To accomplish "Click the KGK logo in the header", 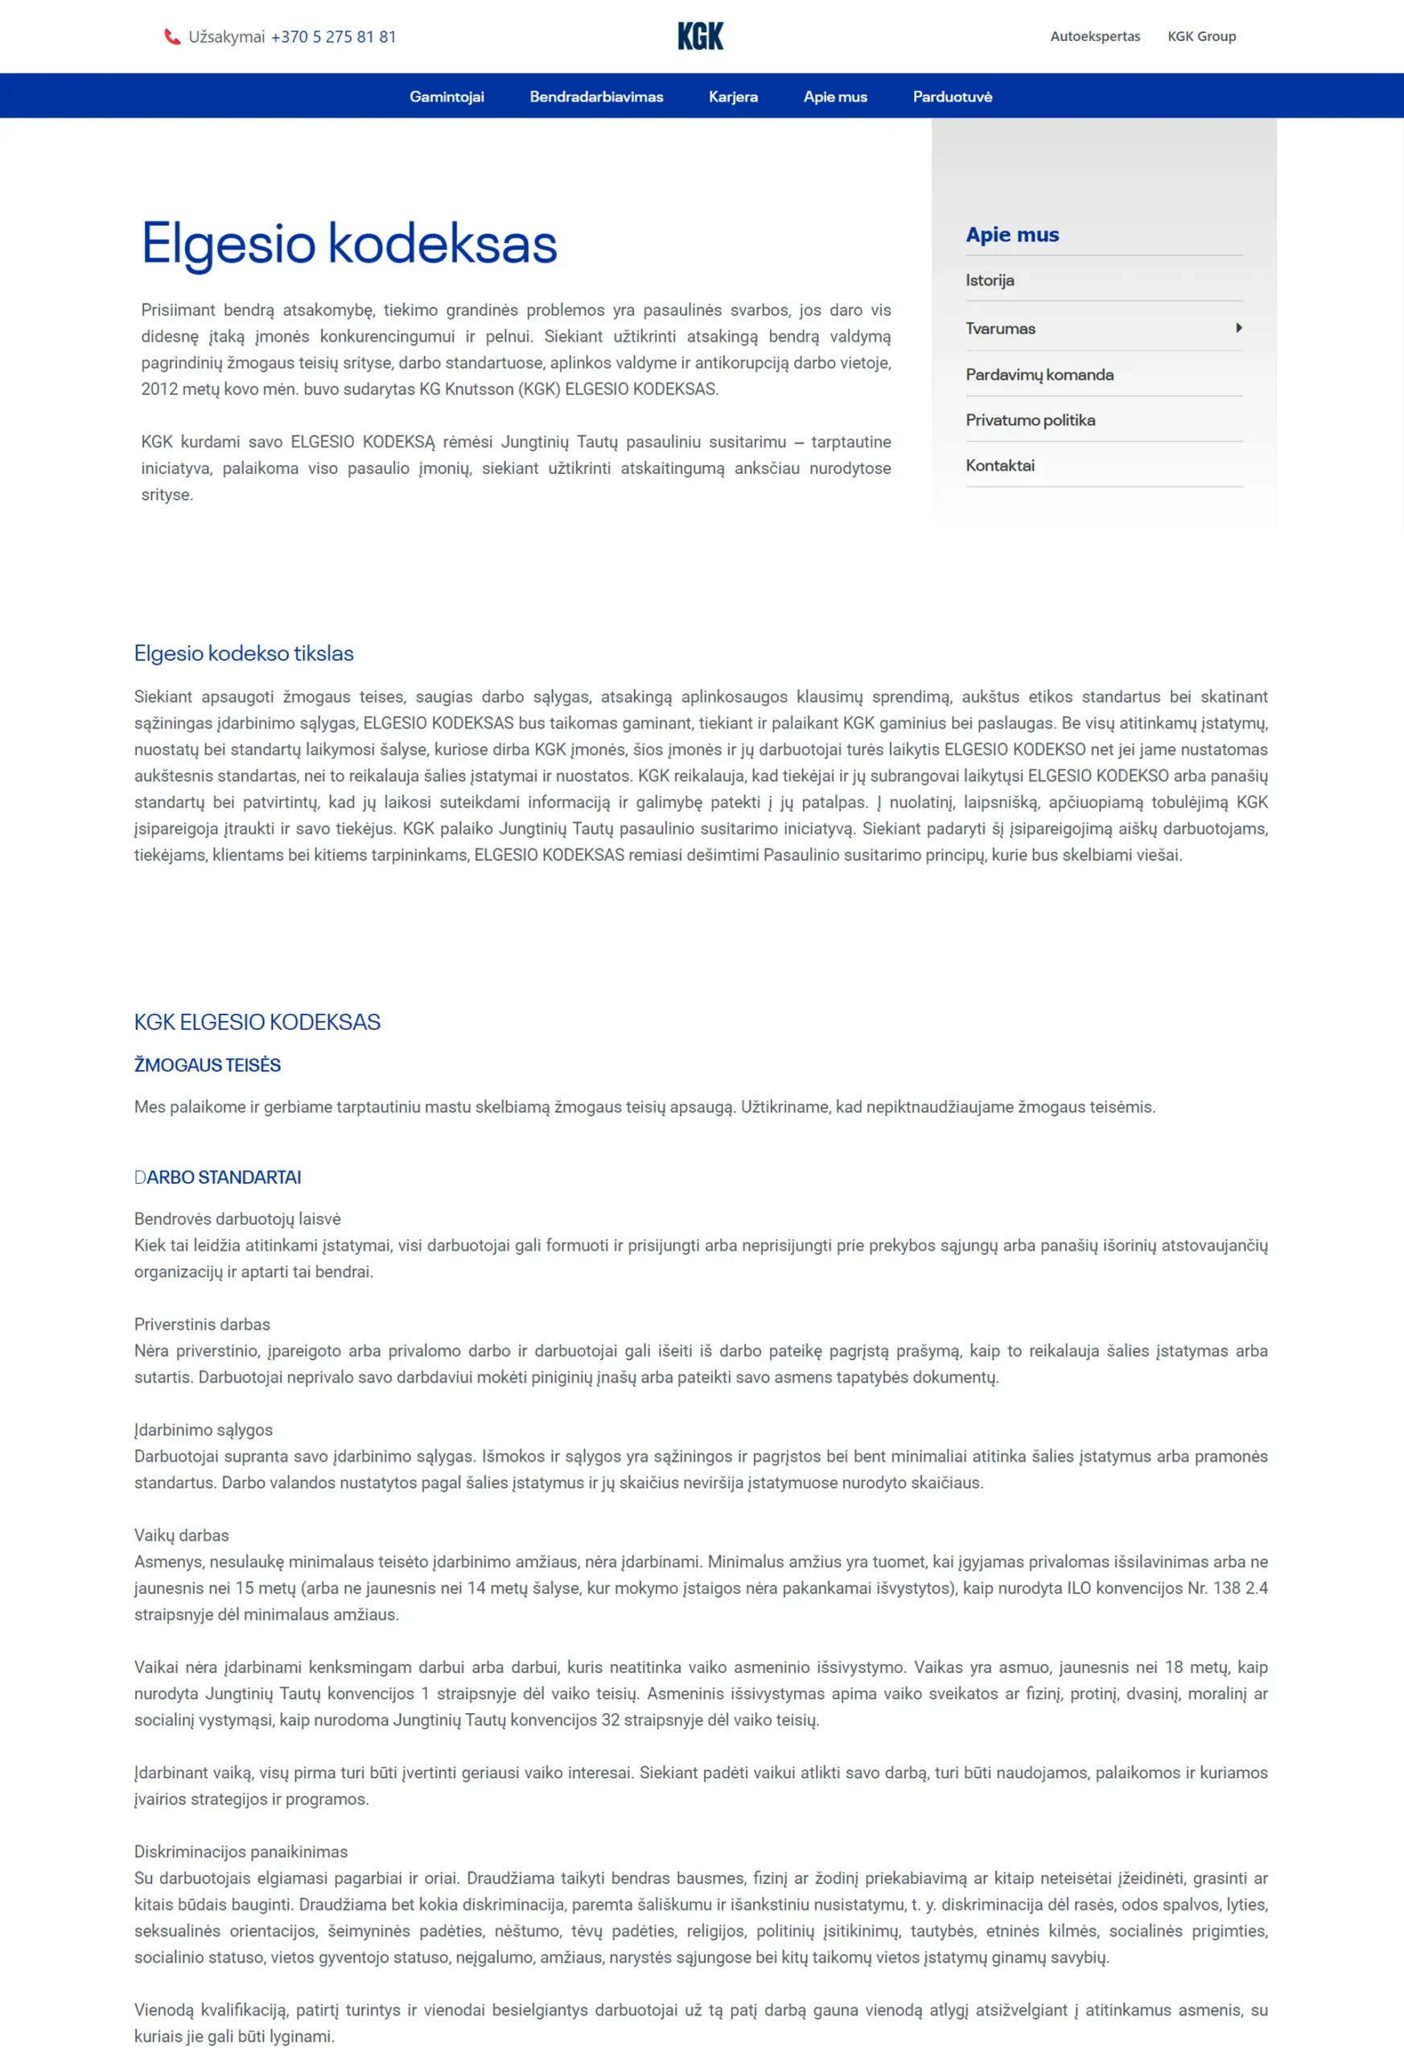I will (x=700, y=36).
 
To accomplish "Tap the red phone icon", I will (x=172, y=36).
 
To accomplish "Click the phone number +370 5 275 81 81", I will (x=333, y=36).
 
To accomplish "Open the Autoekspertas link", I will (x=1095, y=36).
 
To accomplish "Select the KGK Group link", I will (x=1201, y=36).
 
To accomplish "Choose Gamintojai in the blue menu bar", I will (x=447, y=97).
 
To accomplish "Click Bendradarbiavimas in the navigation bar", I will (x=595, y=97).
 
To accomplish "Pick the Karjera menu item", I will (x=733, y=97).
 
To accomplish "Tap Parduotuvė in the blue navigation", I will (x=952, y=97).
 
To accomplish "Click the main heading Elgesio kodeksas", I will (x=349, y=244).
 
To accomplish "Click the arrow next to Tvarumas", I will (x=1238, y=328).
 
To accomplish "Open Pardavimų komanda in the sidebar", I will (x=1039, y=374).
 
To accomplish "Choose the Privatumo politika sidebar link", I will (x=1030, y=420).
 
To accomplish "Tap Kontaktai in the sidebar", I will (x=1000, y=465).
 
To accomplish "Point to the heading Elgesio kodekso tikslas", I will (x=244, y=653).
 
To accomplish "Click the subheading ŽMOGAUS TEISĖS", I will (x=208, y=1065).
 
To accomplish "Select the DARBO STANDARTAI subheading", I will (x=218, y=1177).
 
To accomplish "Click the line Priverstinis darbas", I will (x=202, y=1325).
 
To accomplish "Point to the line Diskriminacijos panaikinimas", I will (x=241, y=1852).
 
